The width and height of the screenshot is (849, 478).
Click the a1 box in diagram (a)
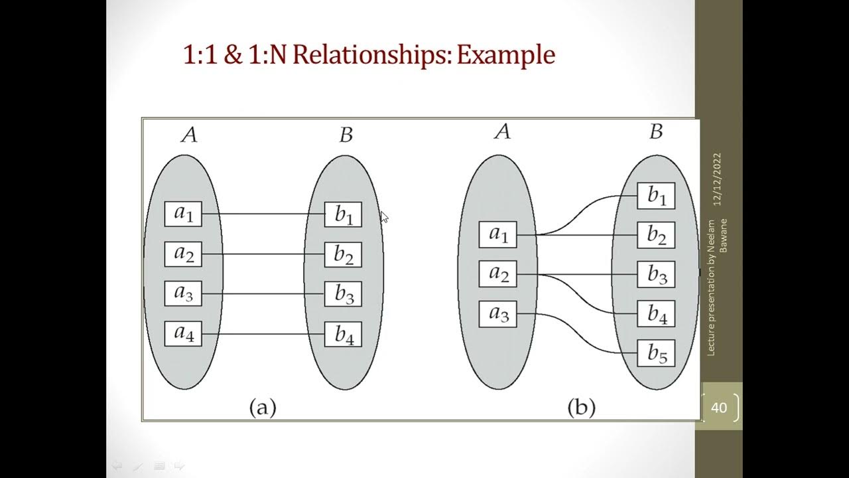click(x=183, y=214)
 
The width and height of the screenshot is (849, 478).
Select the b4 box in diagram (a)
click(x=343, y=334)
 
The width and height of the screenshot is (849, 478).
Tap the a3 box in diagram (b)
click(x=497, y=314)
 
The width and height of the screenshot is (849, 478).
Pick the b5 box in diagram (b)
click(x=656, y=354)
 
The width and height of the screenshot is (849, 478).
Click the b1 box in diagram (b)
click(x=656, y=196)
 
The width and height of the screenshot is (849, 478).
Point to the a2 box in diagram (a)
click(x=183, y=254)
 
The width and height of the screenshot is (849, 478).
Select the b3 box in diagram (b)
click(x=656, y=275)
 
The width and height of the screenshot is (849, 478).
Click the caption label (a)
click(x=262, y=406)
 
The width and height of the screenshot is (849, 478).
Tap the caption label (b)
click(x=581, y=406)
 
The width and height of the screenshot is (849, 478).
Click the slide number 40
click(x=719, y=407)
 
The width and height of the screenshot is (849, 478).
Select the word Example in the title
click(x=505, y=54)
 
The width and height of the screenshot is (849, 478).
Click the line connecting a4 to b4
click(x=263, y=334)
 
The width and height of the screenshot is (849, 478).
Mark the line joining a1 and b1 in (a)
click(x=263, y=214)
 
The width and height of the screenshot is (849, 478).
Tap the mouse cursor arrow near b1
click(x=383, y=216)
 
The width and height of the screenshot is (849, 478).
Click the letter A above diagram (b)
click(x=502, y=131)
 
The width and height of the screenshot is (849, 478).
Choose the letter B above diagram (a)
click(x=346, y=135)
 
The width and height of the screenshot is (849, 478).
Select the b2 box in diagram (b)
click(x=656, y=235)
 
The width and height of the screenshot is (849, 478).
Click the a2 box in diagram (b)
click(x=497, y=274)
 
